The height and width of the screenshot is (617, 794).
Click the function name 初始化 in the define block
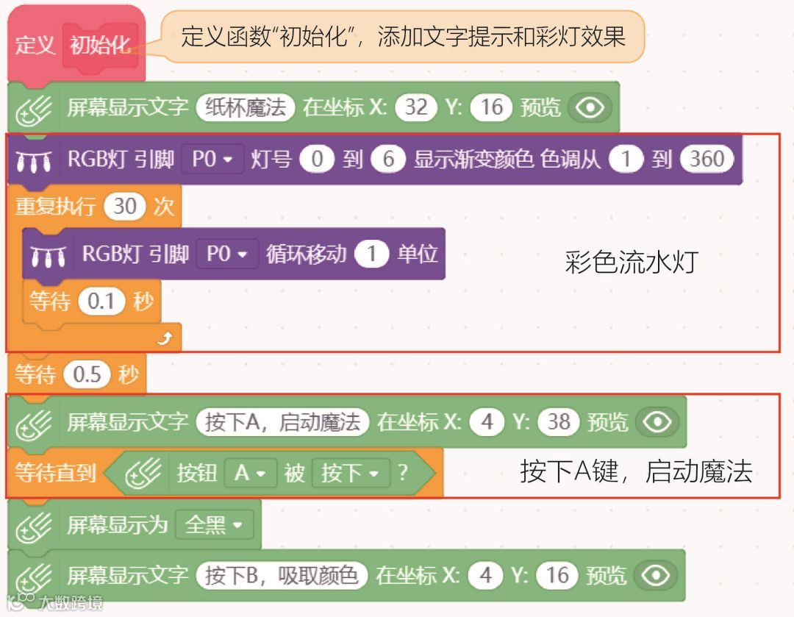[x=100, y=46]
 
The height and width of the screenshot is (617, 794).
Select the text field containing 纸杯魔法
[x=246, y=107]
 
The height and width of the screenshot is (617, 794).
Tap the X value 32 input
[x=416, y=107]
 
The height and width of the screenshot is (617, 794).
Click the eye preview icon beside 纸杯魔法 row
[x=590, y=108]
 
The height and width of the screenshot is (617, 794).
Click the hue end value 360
[x=707, y=159]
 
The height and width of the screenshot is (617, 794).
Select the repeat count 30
[x=125, y=206]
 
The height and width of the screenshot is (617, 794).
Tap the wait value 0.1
[x=101, y=302]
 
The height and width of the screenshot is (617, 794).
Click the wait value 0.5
[x=87, y=375]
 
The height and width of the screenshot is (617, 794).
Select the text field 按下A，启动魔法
[x=283, y=422]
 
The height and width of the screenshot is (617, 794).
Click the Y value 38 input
[x=559, y=422]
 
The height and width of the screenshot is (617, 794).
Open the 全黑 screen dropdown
[x=214, y=525]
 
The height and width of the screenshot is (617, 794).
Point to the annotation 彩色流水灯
[x=630, y=263]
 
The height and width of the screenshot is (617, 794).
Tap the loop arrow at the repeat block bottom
[x=165, y=338]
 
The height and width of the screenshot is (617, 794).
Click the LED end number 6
[x=388, y=159]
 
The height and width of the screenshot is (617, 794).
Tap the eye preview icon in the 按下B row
[x=655, y=575]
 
